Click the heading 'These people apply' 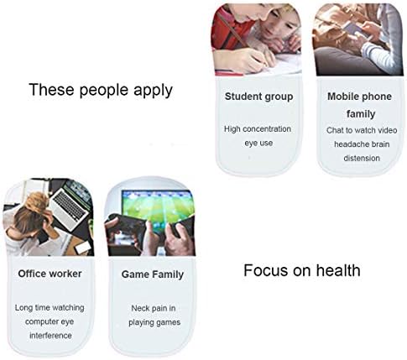(101, 91)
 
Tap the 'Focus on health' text (302, 270)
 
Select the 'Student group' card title (258, 97)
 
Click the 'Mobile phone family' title (360, 105)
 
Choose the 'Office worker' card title (50, 274)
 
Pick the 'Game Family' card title (153, 274)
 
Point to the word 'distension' (362, 159)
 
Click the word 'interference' (50, 336)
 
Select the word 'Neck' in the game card (138, 308)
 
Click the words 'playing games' (154, 322)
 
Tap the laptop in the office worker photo (70, 205)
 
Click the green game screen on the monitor (158, 207)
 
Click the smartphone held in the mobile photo (353, 29)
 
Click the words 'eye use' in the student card (258, 143)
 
